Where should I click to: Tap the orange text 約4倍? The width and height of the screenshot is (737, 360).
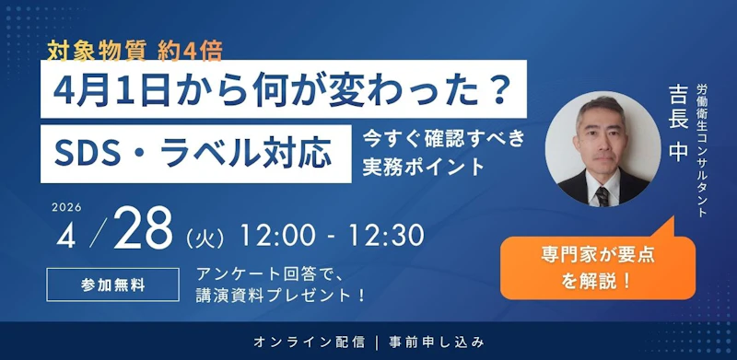coord(190,52)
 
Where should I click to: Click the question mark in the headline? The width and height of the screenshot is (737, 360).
coord(494,89)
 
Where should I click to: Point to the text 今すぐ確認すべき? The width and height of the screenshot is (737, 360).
coord(443,140)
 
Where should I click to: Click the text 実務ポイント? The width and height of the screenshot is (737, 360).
coord(424,167)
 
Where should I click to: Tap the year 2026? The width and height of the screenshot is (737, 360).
coord(66,208)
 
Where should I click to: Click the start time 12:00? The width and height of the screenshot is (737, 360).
coord(275,236)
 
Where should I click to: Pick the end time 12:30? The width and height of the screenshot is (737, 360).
coord(386,236)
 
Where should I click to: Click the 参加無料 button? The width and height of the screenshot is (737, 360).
coord(112,285)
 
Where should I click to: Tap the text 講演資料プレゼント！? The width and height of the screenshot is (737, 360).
coord(281,296)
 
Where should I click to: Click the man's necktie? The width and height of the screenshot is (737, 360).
coord(602,196)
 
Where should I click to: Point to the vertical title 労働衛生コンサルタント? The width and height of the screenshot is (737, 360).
coord(702,151)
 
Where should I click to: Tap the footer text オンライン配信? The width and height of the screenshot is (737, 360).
coord(309,343)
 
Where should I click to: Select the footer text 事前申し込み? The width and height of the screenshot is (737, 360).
coord(436,343)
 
